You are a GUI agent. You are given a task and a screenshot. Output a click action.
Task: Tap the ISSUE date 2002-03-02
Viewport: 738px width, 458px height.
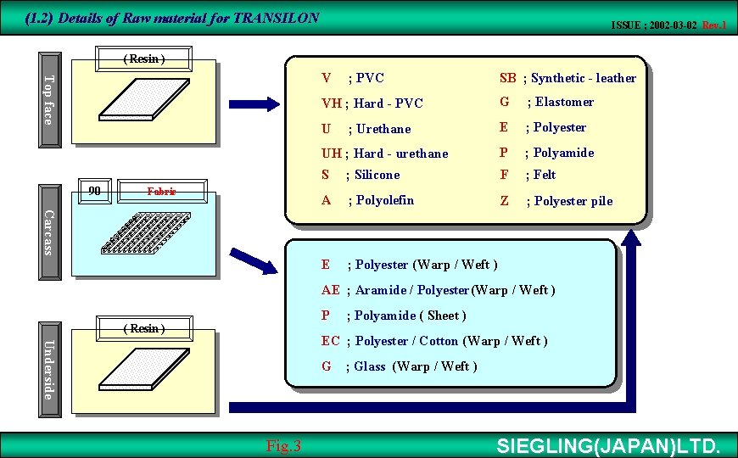click(654, 25)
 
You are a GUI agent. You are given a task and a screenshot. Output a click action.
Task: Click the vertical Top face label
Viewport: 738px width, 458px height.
click(49, 100)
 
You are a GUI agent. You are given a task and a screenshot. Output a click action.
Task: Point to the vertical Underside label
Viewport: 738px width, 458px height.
click(49, 369)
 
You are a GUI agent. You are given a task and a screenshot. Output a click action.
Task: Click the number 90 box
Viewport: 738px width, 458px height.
click(95, 192)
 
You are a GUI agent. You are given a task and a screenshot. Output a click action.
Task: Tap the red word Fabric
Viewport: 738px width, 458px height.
click(161, 192)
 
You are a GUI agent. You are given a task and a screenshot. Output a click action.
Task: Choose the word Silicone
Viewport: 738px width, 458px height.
click(377, 175)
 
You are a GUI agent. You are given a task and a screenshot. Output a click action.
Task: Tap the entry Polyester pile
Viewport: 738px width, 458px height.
click(573, 201)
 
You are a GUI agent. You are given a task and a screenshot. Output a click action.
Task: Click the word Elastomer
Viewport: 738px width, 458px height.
click(564, 102)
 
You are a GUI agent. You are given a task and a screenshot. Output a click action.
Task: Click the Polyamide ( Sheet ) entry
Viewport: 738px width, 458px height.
click(410, 316)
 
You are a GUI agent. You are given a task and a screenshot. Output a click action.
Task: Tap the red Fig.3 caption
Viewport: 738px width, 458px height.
click(283, 446)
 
